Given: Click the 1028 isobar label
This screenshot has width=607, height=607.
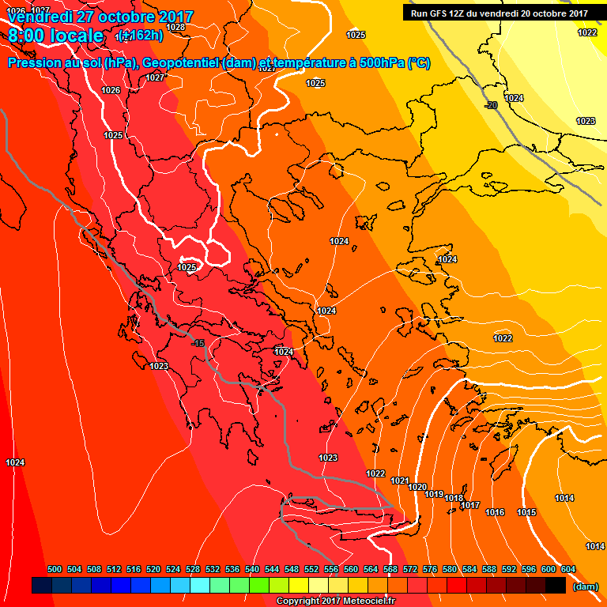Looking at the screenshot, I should click(176, 27).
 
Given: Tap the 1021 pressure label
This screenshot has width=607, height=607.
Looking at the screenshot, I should click(399, 481).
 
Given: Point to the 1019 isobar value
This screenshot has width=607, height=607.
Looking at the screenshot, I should click(434, 494).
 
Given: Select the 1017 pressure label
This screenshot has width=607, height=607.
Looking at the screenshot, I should click(471, 505).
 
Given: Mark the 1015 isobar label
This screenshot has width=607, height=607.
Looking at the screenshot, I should click(526, 513).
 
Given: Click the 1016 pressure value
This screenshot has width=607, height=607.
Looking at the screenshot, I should click(495, 513).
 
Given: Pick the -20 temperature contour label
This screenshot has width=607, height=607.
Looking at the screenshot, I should click(491, 105).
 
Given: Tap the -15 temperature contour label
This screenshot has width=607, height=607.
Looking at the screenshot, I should click(198, 343).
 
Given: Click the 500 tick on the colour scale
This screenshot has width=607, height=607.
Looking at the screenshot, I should click(55, 569).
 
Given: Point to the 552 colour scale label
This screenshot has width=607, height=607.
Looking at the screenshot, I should click(312, 569).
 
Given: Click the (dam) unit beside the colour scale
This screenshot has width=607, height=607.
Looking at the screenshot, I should click(585, 586).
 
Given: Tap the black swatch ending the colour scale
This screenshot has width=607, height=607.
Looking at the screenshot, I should click(556, 585).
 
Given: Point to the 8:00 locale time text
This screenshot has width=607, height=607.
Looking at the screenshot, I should click(55, 36).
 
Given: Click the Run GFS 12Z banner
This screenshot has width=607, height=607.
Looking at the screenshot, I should click(499, 13).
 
